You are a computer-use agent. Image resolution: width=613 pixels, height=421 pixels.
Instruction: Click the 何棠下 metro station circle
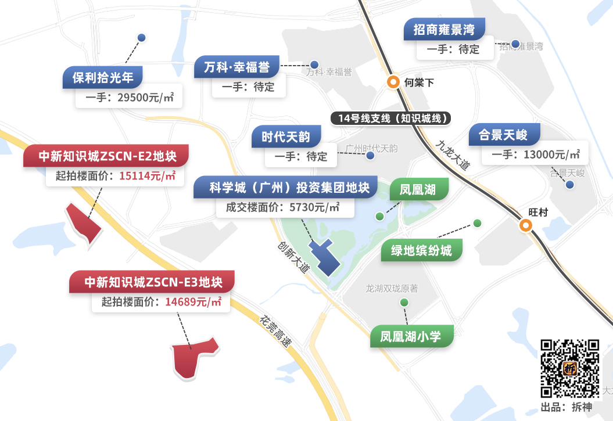pos(394,82)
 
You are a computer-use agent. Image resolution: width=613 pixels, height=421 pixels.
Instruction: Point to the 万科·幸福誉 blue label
pos(236,67)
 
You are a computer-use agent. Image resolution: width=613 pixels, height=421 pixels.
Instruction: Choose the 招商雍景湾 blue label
pos(444,30)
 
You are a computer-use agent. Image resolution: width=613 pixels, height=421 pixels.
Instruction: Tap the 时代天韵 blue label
pos(285,138)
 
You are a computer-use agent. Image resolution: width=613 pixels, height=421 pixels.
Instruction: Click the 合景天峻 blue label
pos(503,135)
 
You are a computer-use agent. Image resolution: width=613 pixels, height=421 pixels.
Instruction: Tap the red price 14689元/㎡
pos(193,302)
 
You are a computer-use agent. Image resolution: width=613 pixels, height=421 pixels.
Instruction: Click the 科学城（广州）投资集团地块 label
pos(289,188)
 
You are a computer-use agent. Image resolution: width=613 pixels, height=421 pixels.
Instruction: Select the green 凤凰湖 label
pos(417,189)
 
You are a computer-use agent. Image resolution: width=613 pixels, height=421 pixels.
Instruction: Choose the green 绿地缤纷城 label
pos(421,251)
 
